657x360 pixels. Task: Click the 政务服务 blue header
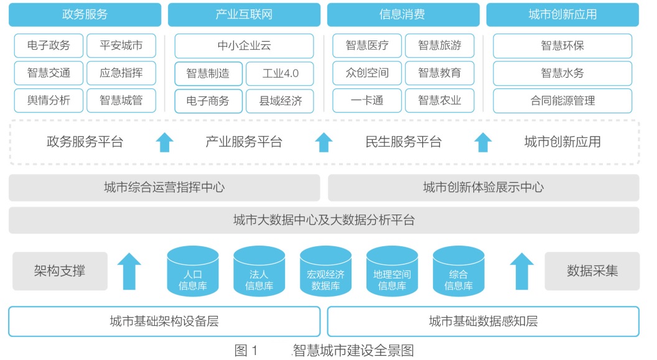[x=85, y=14]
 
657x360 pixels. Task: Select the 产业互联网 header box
[x=244, y=14]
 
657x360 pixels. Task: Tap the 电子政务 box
[x=49, y=45]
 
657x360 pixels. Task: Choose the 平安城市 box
[x=121, y=45]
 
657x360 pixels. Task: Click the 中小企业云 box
[x=244, y=45]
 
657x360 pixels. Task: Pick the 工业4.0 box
[x=280, y=73]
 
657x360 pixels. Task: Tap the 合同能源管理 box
[x=562, y=101]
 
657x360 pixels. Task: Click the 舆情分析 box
[x=49, y=101]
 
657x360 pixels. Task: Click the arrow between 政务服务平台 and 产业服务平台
[x=164, y=142]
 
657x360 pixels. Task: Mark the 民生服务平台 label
[x=403, y=142]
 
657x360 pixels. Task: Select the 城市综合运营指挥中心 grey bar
[x=164, y=187]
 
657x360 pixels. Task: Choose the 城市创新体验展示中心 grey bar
[x=483, y=187]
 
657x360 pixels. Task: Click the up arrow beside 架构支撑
[x=129, y=270]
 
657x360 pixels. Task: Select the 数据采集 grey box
[x=592, y=270]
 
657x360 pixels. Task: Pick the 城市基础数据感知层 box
[x=483, y=321]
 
